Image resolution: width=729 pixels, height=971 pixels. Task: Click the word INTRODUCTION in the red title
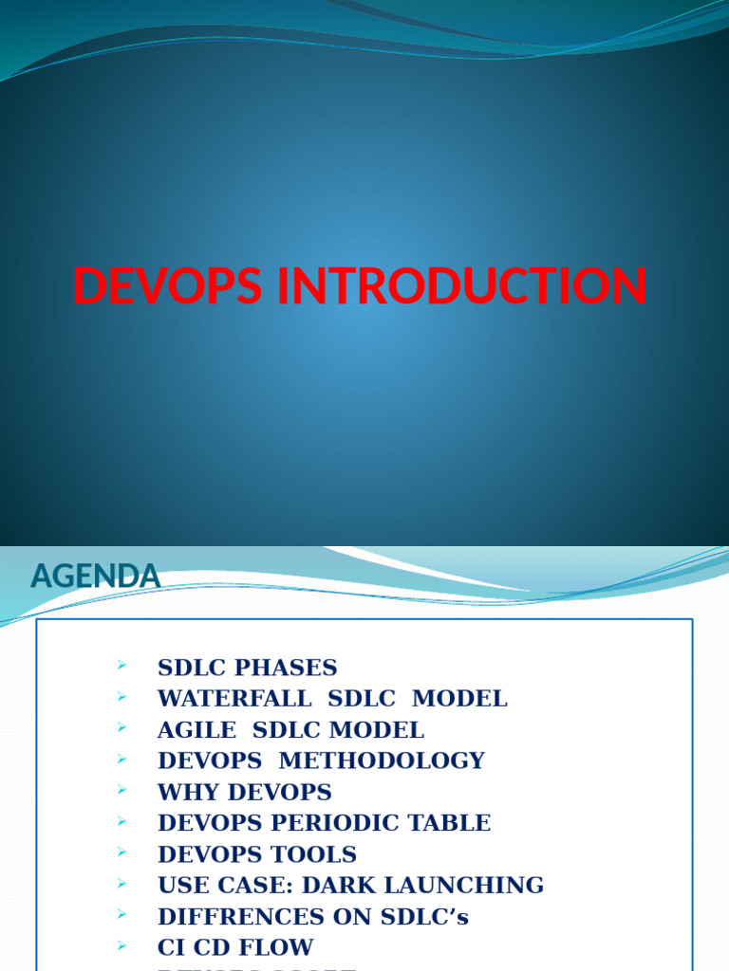(462, 286)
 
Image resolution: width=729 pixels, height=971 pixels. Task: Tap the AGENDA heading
(95, 576)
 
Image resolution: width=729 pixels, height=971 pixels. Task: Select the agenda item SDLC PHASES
(247, 668)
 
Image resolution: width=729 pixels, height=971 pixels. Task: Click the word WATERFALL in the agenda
(234, 699)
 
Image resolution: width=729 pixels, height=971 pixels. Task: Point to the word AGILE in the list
(196, 730)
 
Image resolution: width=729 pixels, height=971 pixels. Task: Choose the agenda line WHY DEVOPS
(244, 792)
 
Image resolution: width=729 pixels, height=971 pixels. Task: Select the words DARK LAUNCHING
(451, 886)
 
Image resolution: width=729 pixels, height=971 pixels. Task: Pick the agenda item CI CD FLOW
(235, 947)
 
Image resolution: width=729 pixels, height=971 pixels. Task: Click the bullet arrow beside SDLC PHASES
(122, 667)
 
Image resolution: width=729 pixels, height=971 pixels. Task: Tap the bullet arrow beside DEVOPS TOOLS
(122, 853)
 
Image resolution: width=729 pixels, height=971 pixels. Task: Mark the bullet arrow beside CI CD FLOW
(122, 946)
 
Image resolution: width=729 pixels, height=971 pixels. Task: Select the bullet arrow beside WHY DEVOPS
(122, 791)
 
